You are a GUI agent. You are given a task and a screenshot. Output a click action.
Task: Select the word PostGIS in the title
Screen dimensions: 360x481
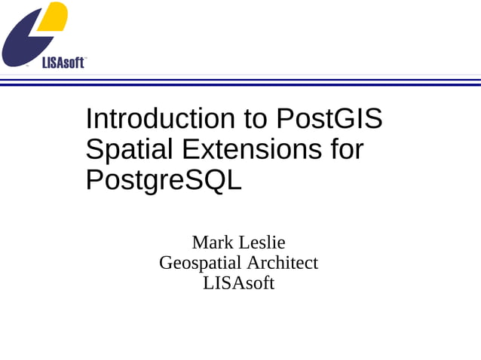click(x=329, y=119)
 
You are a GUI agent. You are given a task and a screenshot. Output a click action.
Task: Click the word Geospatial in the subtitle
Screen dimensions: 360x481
click(x=200, y=263)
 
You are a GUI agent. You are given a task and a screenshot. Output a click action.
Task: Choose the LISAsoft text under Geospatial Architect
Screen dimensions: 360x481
click(x=238, y=283)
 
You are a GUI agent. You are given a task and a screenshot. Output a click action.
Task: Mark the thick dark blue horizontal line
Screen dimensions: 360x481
click(x=240, y=84)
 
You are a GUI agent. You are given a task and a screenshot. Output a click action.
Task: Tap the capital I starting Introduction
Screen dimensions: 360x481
click(x=88, y=119)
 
